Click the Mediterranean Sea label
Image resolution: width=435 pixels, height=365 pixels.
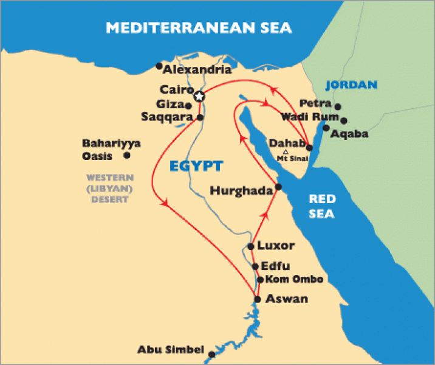pyautogui.click(x=199, y=27)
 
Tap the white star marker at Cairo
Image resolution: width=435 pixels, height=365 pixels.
pyautogui.click(x=198, y=96)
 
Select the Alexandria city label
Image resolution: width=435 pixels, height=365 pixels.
pyautogui.click(x=193, y=69)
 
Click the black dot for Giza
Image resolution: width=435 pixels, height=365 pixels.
pyautogui.click(x=189, y=106)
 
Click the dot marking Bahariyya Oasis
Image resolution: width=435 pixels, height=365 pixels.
pyautogui.click(x=127, y=155)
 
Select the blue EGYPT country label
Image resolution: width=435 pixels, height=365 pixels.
pyautogui.click(x=195, y=165)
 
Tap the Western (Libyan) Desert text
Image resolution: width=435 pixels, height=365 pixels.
pyautogui.click(x=109, y=189)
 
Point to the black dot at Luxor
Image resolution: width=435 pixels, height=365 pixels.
pyautogui.click(x=250, y=246)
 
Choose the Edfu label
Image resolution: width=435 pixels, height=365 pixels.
pyautogui.click(x=276, y=266)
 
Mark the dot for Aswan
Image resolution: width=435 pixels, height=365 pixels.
pyautogui.click(x=258, y=299)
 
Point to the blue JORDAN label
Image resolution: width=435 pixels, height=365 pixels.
pyautogui.click(x=351, y=85)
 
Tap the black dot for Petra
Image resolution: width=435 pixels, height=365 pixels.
pyautogui.click(x=338, y=106)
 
